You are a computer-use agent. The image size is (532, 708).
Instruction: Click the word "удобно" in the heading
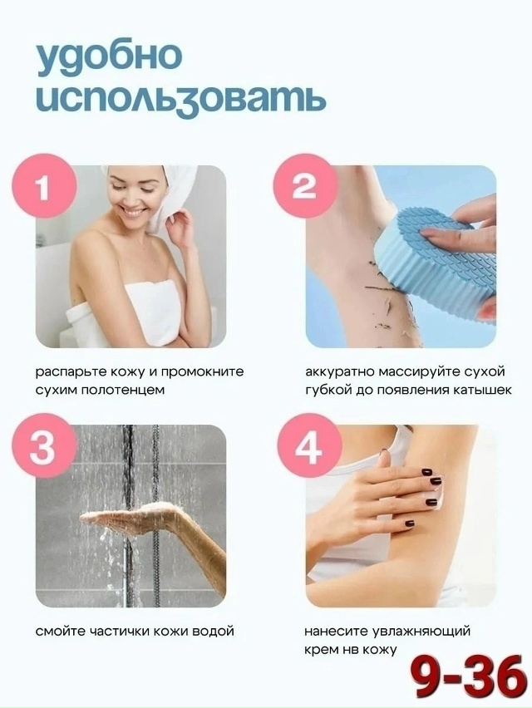click(x=109, y=56)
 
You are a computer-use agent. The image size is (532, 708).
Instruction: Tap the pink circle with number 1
click(x=43, y=184)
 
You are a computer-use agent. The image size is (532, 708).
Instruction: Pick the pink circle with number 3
click(x=43, y=445)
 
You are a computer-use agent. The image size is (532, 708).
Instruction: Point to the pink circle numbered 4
click(x=309, y=445)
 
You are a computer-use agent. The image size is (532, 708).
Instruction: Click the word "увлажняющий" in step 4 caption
click(x=421, y=631)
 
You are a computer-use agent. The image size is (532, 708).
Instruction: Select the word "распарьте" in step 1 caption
click(x=71, y=372)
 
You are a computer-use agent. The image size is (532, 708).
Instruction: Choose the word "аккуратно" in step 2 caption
click(x=340, y=372)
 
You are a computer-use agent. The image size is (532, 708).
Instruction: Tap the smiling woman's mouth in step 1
click(x=131, y=211)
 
